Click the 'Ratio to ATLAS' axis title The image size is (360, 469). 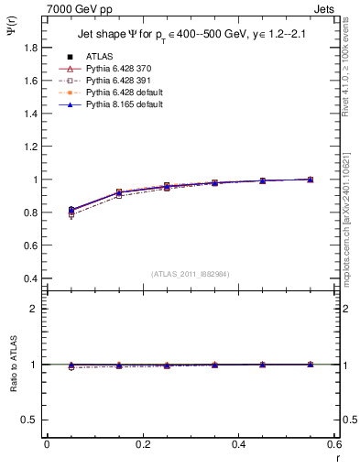point(12,365)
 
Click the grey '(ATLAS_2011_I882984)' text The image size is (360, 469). point(191,274)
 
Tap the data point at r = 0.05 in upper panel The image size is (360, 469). point(72,211)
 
